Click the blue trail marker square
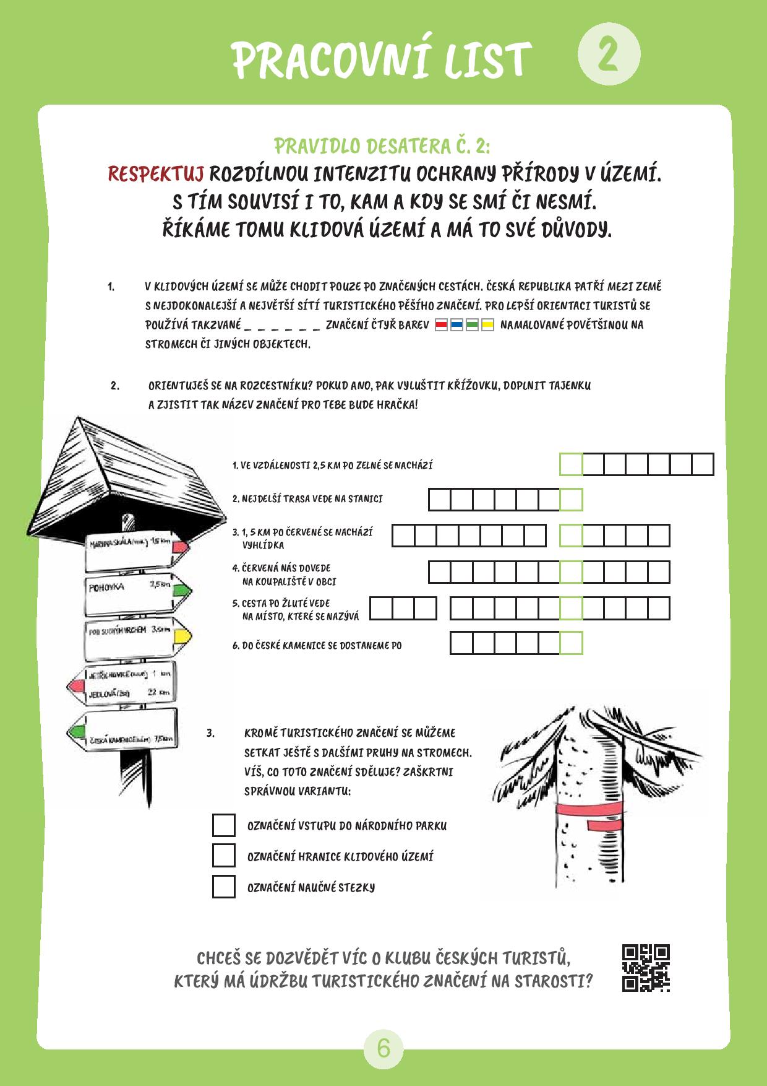click(456, 325)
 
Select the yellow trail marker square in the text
click(487, 325)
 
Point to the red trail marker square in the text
click(441, 325)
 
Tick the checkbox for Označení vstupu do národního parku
click(224, 825)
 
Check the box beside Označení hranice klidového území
click(224, 856)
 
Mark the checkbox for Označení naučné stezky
click(224, 887)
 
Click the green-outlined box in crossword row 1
click(571, 464)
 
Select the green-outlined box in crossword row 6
click(571, 643)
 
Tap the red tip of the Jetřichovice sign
click(75, 686)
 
